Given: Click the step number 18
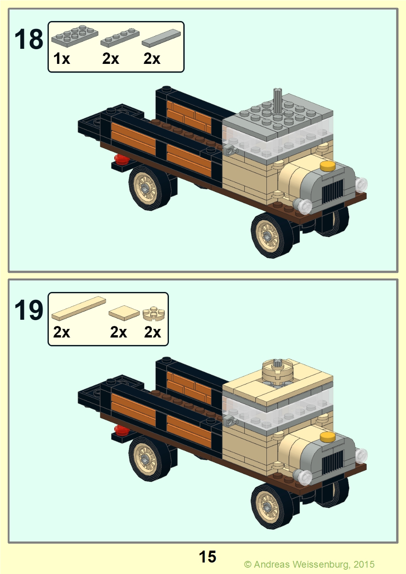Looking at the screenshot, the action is (29, 39).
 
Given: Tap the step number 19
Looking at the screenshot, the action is (29, 310).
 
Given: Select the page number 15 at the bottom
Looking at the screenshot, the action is (207, 557).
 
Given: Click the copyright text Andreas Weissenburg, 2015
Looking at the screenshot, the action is (314, 564).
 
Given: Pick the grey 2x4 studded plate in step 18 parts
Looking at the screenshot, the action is (75, 36).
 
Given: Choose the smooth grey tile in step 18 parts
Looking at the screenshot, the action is (161, 38).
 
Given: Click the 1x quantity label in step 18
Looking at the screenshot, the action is (61, 59).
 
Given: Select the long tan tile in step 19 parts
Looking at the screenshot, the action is (79, 309).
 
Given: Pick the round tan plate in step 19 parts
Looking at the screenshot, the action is (154, 313).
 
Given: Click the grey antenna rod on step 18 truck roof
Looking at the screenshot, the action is (278, 100).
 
